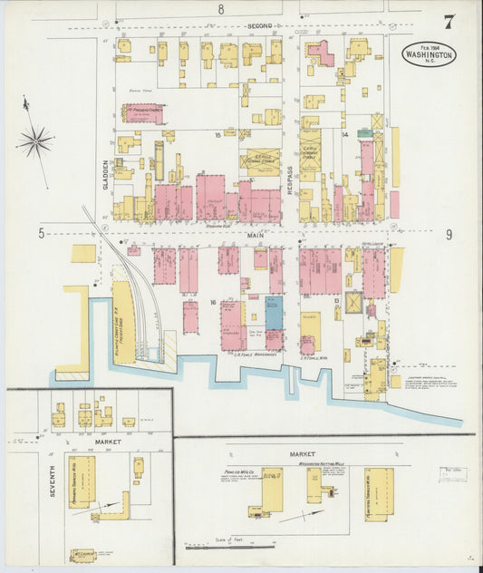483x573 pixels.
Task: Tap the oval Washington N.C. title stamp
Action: click(430, 53)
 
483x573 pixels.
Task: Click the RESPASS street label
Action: click(290, 176)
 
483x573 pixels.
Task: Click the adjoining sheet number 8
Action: click(220, 9)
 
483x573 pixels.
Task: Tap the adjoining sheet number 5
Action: click(41, 234)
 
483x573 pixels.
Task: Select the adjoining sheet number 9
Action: click(449, 234)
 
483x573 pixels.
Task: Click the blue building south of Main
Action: click(274, 312)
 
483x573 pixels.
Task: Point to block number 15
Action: click(217, 133)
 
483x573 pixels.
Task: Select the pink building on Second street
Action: click(320, 54)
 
